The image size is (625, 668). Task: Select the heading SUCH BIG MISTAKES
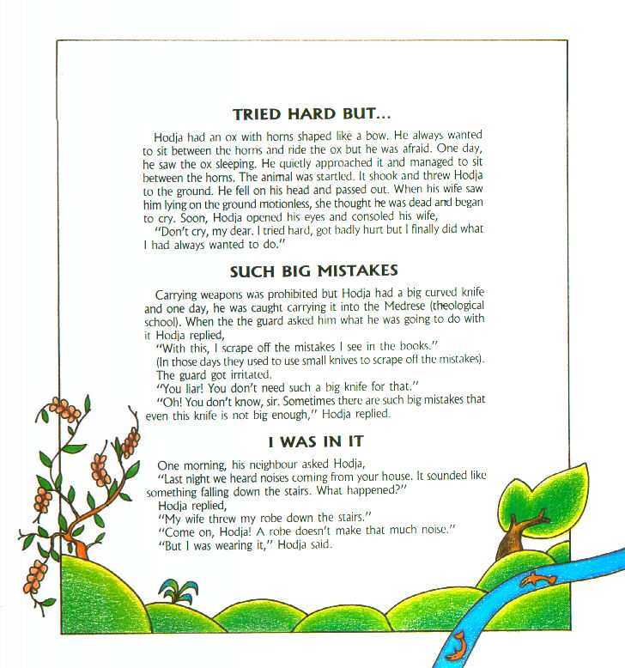click(x=312, y=272)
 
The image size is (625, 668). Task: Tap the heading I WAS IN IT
click(x=316, y=442)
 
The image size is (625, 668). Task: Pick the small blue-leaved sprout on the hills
click(x=174, y=592)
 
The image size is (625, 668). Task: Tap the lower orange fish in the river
click(x=457, y=641)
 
